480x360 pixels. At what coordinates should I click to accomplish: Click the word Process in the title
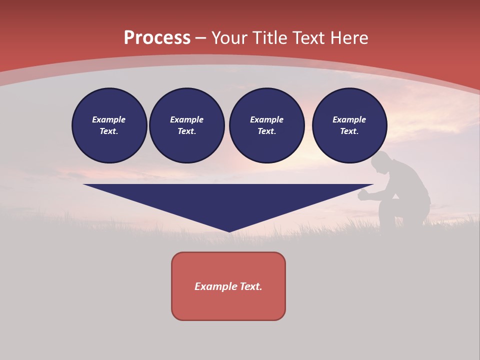click(157, 38)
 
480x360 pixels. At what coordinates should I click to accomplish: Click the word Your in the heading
click(230, 38)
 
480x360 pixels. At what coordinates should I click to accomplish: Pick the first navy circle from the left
click(109, 125)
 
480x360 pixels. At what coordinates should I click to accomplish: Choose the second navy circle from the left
click(187, 125)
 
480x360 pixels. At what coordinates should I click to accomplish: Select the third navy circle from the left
click(267, 125)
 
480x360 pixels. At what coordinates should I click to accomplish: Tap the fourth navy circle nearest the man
click(349, 125)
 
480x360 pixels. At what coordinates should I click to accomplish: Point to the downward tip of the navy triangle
click(229, 230)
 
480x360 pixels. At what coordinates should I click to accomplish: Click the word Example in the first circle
click(109, 119)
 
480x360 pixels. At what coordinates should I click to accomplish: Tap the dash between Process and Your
click(201, 38)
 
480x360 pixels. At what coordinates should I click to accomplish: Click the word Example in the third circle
click(267, 119)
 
